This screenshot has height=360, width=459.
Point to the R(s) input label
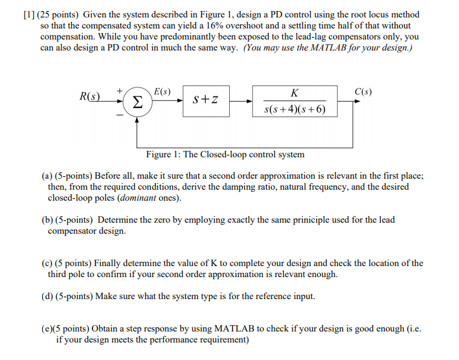[91, 97]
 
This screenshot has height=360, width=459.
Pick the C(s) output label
[364, 91]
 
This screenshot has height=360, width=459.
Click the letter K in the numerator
[295, 93]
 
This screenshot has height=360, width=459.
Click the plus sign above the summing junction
[120, 92]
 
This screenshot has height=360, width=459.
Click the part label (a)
[47, 175]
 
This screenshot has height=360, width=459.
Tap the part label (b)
[47, 219]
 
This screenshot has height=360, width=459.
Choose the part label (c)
[47, 263]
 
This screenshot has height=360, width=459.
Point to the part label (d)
[47, 296]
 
